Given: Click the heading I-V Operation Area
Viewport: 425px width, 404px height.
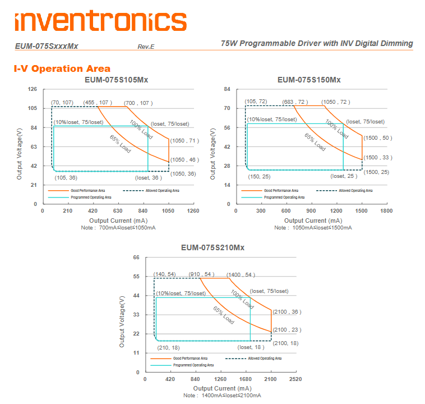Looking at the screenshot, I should [x=62, y=68].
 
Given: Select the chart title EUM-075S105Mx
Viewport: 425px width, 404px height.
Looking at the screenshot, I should [x=117, y=80].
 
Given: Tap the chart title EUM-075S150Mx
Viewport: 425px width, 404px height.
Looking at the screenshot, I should [x=309, y=80].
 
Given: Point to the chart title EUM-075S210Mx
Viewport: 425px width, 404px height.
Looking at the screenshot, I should [x=212, y=247].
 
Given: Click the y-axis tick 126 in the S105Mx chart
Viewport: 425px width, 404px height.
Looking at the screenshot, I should [x=33, y=89].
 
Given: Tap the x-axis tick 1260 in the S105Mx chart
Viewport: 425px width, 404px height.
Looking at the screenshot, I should [x=193, y=211].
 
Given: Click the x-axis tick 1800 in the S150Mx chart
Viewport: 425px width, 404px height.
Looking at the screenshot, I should [x=386, y=211].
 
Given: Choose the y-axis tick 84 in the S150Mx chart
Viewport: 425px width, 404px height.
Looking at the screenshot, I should [x=227, y=89].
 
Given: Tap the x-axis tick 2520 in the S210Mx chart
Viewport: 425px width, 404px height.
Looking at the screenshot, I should [x=295, y=379].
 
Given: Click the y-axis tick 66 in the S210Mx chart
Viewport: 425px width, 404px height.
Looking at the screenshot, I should [x=136, y=258].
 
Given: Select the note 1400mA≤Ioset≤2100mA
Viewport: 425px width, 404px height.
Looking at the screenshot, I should [x=221, y=396].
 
